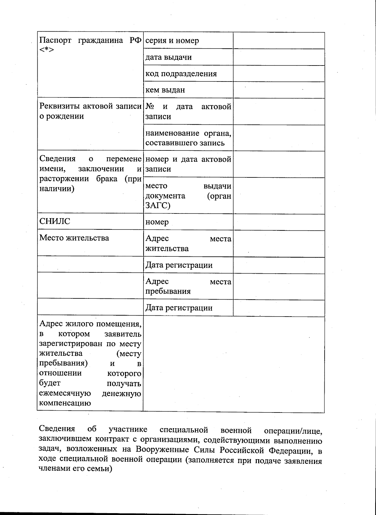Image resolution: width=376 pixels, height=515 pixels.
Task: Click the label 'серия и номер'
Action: [x=172, y=41]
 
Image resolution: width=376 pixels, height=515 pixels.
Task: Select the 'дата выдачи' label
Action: [x=169, y=57]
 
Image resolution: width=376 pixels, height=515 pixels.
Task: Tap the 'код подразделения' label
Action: [x=181, y=74]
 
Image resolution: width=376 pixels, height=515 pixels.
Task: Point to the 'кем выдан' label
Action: [x=165, y=90]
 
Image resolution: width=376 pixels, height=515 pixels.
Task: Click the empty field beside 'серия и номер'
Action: [x=279, y=40]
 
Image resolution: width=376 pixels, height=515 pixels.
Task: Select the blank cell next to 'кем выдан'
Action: [x=279, y=90]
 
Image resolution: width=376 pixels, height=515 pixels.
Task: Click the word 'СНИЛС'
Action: [x=55, y=221]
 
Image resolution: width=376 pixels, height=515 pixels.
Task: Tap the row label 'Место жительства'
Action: [x=74, y=238]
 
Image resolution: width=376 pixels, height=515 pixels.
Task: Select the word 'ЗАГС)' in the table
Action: [x=158, y=206]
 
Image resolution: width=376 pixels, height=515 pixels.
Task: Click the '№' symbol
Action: [x=150, y=107]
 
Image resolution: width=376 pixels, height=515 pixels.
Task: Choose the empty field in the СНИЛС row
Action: [x=279, y=222]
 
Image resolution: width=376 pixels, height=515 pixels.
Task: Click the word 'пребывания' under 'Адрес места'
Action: [x=168, y=292]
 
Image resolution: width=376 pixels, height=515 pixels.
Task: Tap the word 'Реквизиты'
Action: [x=60, y=106]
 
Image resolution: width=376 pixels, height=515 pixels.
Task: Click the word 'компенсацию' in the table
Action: [x=65, y=403]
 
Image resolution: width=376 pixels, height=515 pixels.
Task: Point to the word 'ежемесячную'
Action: [x=65, y=393]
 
